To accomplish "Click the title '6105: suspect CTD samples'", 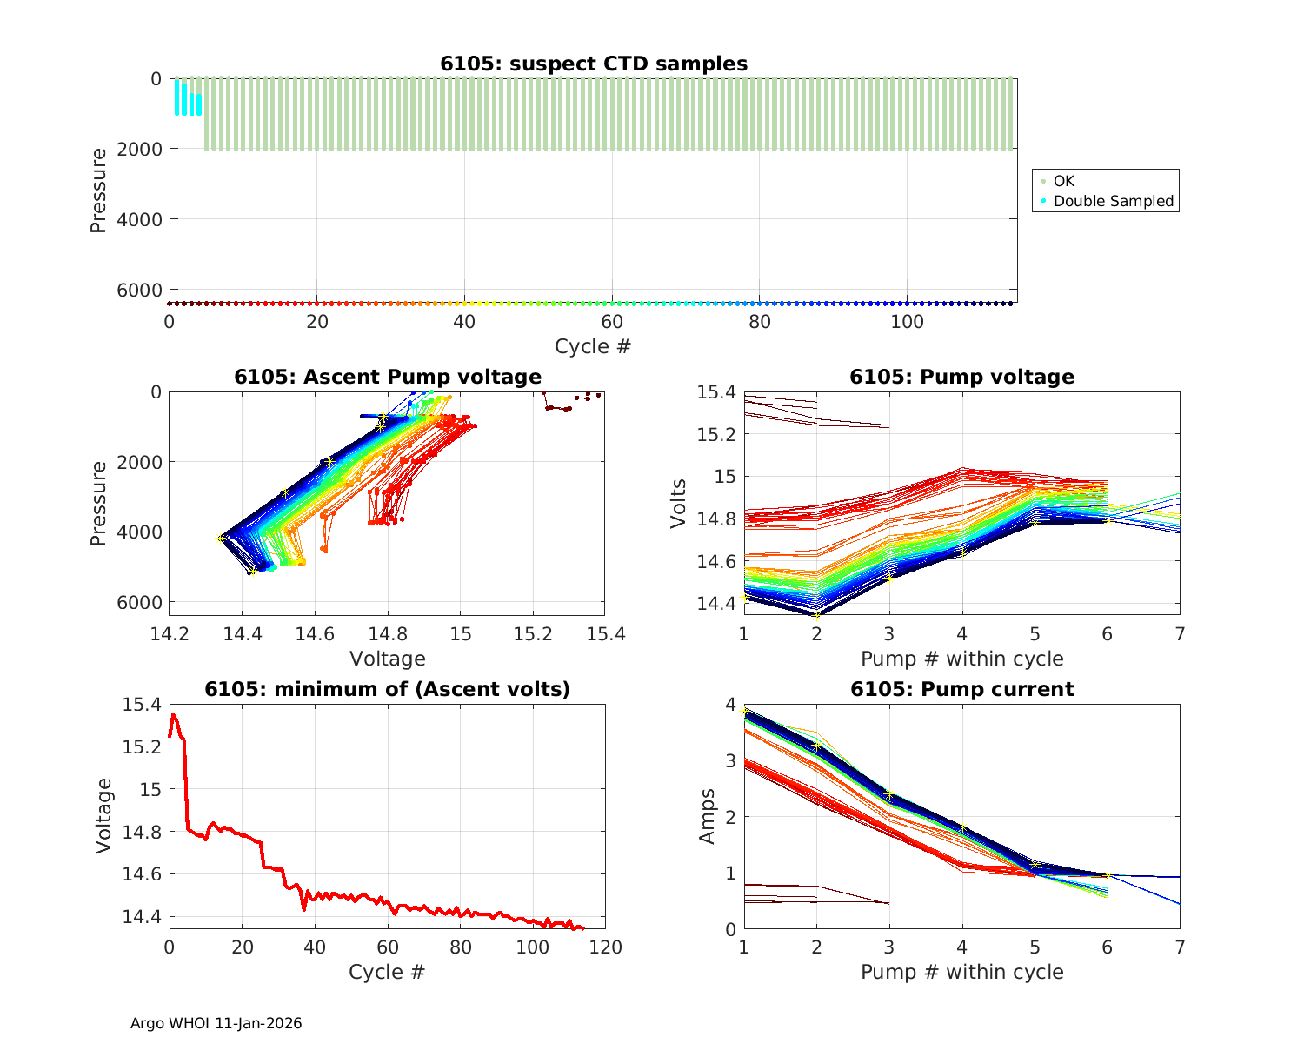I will pos(594,64).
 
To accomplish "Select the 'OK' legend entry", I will pos(1064,181).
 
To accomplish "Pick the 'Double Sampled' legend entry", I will pos(1114,201).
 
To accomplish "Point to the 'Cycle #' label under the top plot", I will pos(593,346).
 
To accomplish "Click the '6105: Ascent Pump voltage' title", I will pos(388,377).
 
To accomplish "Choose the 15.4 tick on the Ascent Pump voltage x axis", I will pos(605,634).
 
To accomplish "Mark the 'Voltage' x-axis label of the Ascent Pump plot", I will pos(388,659).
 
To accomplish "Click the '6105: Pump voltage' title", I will pos(961,377).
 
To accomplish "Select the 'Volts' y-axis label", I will pos(679,504).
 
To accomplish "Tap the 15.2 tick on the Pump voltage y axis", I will pos(716,434).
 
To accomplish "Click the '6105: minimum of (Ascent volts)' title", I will pos(388,689).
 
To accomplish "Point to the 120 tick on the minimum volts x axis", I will pos(605,947).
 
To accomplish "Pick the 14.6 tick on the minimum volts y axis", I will pos(142,874).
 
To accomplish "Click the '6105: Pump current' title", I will pos(961,689).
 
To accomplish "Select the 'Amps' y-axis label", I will pos(708,816).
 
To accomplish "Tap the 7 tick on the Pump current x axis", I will pos(1180,947).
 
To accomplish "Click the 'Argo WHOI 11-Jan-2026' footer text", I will pos(216,1023).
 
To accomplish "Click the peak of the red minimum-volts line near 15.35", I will pos(173,715).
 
